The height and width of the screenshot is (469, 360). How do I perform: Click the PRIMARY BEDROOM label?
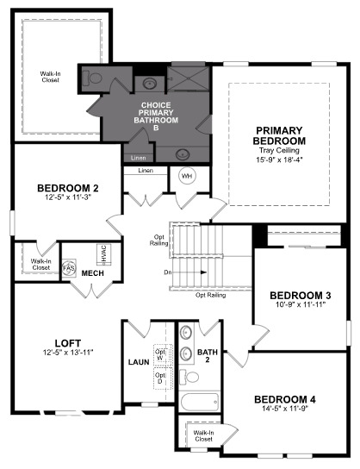point(280,134)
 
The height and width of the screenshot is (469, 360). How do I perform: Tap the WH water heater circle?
point(186,176)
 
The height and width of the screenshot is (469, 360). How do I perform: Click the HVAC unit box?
point(102,255)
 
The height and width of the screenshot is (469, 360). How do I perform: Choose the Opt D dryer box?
point(160,377)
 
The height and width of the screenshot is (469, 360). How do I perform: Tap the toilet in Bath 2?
point(190,377)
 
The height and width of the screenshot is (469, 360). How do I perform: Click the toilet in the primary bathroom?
point(95,78)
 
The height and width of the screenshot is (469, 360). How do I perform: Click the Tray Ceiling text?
point(280,150)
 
